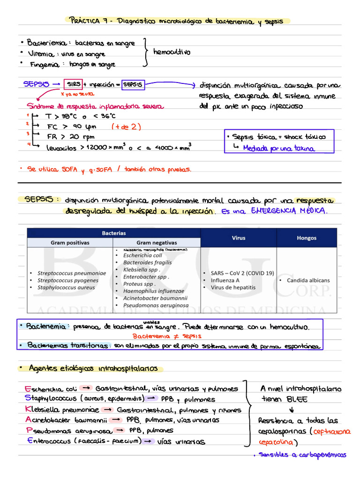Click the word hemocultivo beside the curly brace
(x=172, y=52)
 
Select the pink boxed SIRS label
(x=73, y=84)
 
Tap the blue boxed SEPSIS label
(x=133, y=85)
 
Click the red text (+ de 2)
(x=126, y=127)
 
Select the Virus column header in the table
(x=238, y=238)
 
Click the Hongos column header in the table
(x=307, y=238)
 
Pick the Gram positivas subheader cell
(x=70, y=243)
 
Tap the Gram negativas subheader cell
(x=157, y=243)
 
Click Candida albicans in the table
(x=308, y=280)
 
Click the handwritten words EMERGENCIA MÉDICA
(x=289, y=211)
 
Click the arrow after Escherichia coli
(x=85, y=389)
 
